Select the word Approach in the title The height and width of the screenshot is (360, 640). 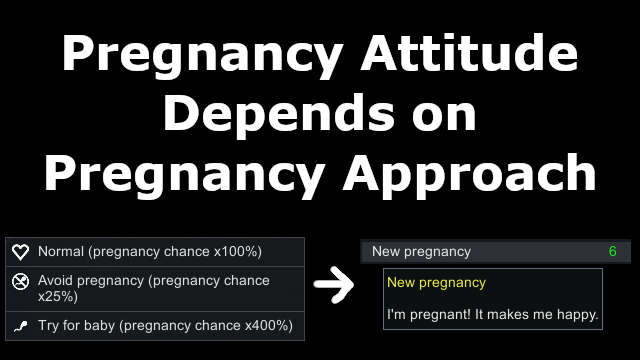click(x=469, y=176)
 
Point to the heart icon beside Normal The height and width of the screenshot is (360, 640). click(x=20, y=252)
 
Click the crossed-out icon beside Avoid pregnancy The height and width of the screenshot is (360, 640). click(x=20, y=281)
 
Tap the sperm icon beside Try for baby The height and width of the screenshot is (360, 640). click(x=20, y=326)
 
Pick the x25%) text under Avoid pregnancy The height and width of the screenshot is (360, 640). click(x=58, y=297)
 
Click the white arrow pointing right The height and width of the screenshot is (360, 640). click(x=334, y=285)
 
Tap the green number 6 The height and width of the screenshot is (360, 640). click(x=612, y=251)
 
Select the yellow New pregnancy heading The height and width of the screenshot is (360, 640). click(x=436, y=282)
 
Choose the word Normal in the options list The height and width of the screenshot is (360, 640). click(x=61, y=251)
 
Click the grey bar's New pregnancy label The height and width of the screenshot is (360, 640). click(x=421, y=252)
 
